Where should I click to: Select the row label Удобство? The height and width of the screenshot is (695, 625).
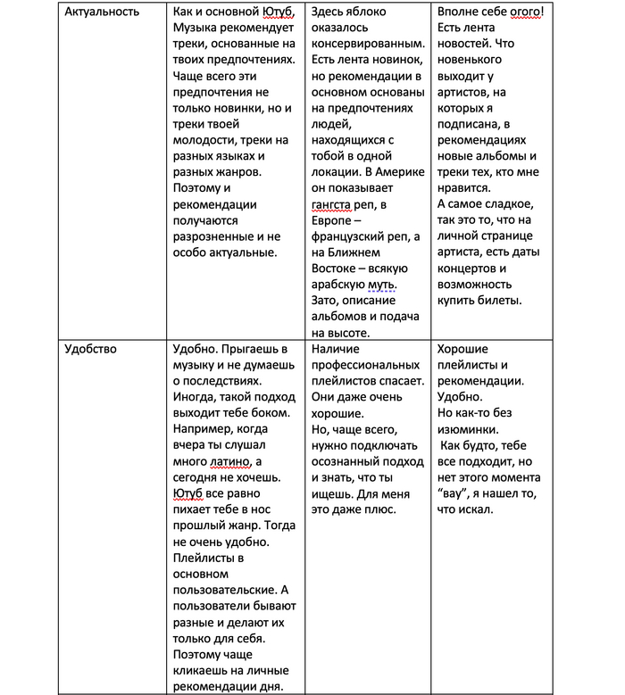91,349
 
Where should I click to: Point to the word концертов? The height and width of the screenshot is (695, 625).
474,269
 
